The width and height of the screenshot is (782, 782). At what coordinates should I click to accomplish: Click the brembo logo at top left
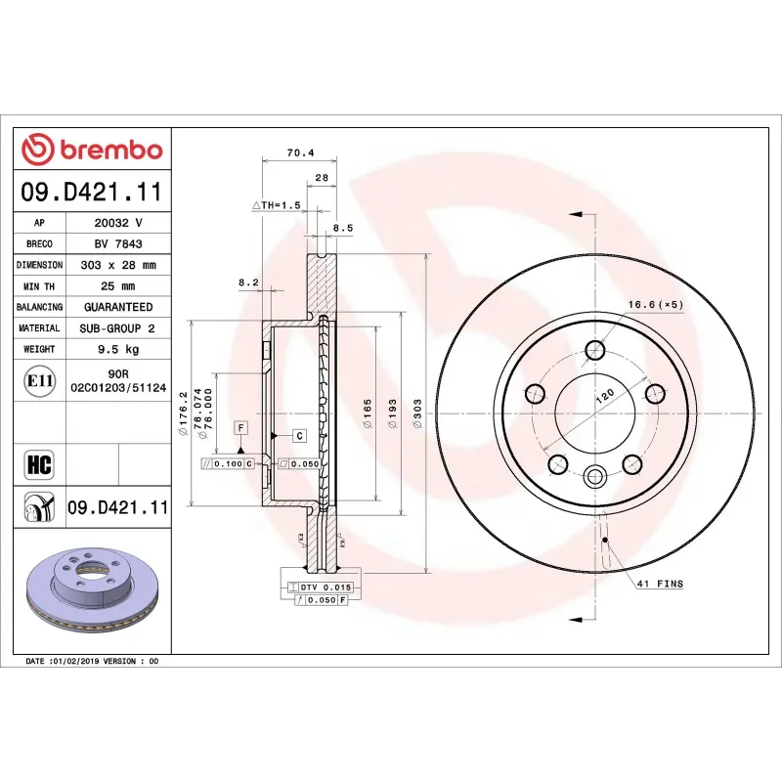click(x=92, y=150)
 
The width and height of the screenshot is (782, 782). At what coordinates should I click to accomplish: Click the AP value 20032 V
click(x=116, y=223)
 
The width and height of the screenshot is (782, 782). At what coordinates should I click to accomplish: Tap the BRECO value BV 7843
click(x=116, y=244)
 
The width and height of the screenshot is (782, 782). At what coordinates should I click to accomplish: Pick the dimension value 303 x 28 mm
click(x=116, y=265)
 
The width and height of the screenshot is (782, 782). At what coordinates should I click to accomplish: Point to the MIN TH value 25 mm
click(x=116, y=286)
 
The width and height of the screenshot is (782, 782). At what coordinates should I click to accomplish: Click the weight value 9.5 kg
click(x=116, y=349)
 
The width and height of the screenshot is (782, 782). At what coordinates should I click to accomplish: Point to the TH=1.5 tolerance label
click(x=276, y=206)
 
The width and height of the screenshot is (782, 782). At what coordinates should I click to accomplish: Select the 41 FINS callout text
click(x=659, y=584)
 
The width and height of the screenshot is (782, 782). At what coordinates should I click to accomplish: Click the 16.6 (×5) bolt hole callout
click(x=654, y=304)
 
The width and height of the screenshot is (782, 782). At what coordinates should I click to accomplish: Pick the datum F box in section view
click(x=239, y=428)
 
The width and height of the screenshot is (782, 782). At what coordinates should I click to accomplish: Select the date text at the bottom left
click(x=92, y=662)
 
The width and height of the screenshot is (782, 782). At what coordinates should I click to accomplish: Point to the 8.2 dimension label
click(x=247, y=282)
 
